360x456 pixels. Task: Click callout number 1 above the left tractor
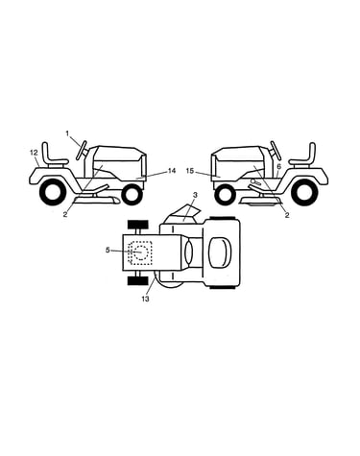point(67,133)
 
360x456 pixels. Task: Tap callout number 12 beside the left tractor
point(35,153)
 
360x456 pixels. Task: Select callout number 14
point(172,171)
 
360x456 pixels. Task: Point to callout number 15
point(190,171)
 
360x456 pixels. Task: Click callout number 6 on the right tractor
point(278,166)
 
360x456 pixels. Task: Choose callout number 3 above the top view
point(195,194)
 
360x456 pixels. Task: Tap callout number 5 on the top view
point(108,250)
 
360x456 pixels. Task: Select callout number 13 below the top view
point(145,299)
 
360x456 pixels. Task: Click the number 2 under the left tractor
point(65,215)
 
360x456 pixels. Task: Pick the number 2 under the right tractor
point(287,215)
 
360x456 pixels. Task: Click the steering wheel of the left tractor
point(82,150)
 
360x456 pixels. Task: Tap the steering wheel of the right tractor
point(276,151)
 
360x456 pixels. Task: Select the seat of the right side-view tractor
point(302,156)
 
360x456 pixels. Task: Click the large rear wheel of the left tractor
point(51,192)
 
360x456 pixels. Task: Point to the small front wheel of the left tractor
point(132,195)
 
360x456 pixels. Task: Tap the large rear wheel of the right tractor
point(306,193)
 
